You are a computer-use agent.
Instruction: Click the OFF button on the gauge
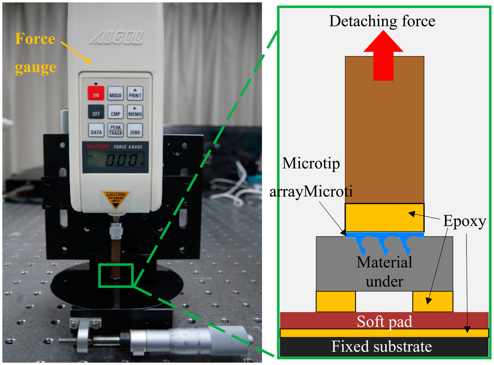click(96, 112)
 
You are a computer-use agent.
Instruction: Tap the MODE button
click(115, 93)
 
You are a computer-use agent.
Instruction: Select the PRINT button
click(135, 93)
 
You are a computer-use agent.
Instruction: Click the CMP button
click(115, 112)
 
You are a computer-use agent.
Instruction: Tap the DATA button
click(96, 130)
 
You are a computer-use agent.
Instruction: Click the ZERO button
click(135, 130)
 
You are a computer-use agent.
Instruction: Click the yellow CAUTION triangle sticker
click(115, 198)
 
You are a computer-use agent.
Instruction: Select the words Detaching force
click(382, 21)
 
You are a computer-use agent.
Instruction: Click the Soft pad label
click(384, 321)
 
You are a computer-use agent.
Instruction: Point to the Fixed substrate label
click(381, 347)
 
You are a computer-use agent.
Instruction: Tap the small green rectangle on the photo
click(115, 275)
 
